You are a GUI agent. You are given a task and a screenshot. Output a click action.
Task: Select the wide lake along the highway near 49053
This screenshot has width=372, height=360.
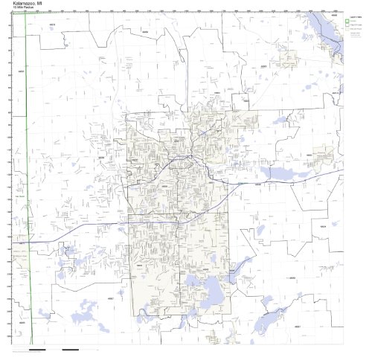286,173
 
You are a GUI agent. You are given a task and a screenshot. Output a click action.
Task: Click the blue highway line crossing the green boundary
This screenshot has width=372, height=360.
27,242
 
